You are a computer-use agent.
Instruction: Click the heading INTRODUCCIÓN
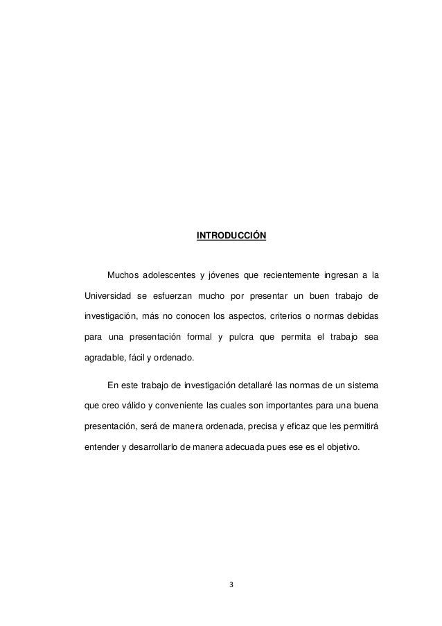pos(231,236)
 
